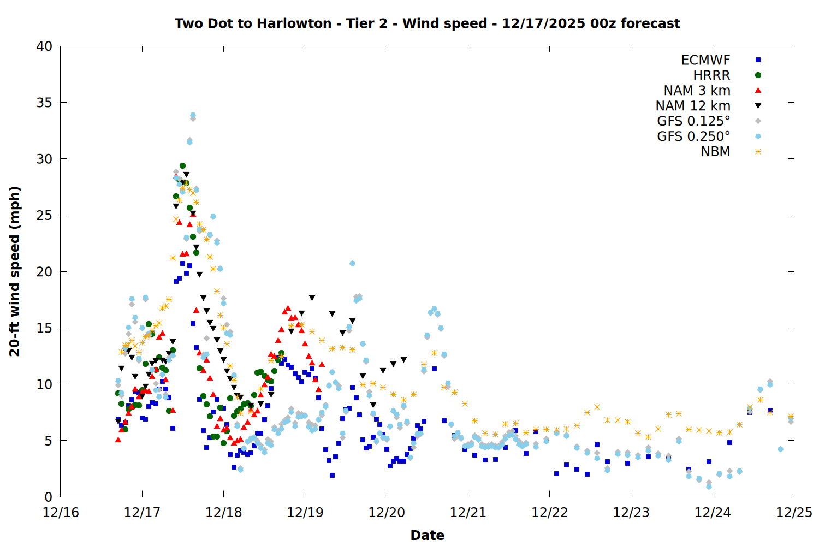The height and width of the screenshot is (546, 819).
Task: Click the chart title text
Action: pyautogui.click(x=427, y=23)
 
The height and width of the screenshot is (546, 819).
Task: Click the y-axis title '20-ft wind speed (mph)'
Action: pyautogui.click(x=15, y=271)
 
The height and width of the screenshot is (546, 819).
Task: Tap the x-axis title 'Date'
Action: pyautogui.click(x=427, y=535)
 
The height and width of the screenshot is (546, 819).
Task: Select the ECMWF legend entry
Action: pyautogui.click(x=705, y=60)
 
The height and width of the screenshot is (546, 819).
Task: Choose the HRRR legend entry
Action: pyautogui.click(x=711, y=75)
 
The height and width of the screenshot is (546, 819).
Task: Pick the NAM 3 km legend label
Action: pyautogui.click(x=697, y=91)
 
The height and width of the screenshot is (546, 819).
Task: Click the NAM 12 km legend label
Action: pyautogui.click(x=693, y=106)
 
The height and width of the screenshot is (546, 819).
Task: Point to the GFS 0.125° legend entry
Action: pyautogui.click(x=693, y=121)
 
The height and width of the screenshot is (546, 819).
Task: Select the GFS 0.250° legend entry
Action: pyautogui.click(x=693, y=136)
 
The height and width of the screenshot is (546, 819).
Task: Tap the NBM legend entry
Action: pyautogui.click(x=715, y=152)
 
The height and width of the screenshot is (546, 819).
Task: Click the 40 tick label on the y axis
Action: pyautogui.click(x=44, y=46)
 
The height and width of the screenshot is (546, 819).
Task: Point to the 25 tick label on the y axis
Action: pyautogui.click(x=44, y=215)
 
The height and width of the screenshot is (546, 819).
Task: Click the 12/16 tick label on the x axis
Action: pyautogui.click(x=60, y=513)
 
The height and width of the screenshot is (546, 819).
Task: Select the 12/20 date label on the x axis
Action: pyautogui.click(x=387, y=513)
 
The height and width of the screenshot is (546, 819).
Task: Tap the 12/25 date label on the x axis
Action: pyautogui.click(x=794, y=513)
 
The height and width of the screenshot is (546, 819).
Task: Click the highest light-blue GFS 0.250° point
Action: pyautogui.click(x=193, y=115)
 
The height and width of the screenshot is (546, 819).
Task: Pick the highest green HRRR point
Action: pyautogui.click(x=183, y=165)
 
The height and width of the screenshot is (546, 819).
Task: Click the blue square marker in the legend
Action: pyautogui.click(x=758, y=60)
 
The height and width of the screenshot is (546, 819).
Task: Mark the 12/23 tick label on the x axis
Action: pyautogui.click(x=631, y=513)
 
